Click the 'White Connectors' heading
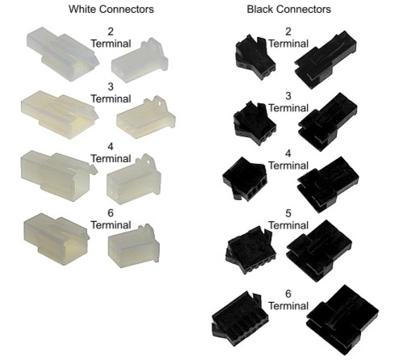(111, 9)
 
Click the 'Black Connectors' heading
(289, 9)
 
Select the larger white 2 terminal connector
(63, 53)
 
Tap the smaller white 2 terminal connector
(140, 60)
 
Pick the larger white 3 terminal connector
(60, 115)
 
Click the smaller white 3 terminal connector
(146, 118)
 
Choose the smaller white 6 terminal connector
(134, 246)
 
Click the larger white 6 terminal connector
(57, 238)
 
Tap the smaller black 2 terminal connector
(255, 57)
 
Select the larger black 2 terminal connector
(325, 60)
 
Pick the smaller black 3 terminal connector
(254, 123)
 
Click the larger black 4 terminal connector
(328, 184)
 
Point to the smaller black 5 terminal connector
(250, 250)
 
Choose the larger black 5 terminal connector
(319, 250)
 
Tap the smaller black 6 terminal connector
(240, 318)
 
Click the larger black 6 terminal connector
(342, 320)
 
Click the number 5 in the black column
(288, 213)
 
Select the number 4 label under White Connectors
(111, 147)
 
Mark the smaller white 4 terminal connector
(134, 179)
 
